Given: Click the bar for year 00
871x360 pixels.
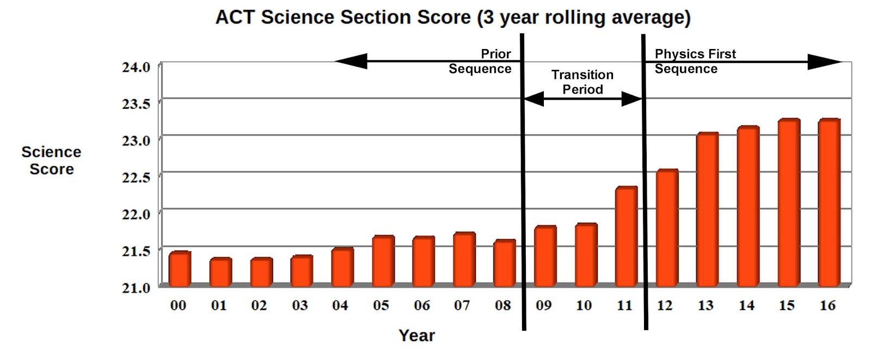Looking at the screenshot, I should (x=179, y=269).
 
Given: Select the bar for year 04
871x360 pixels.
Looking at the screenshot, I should (x=342, y=267).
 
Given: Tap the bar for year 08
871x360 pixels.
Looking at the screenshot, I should (x=504, y=263).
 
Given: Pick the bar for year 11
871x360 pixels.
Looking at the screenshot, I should (x=626, y=236).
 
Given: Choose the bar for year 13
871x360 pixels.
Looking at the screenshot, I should (x=707, y=210).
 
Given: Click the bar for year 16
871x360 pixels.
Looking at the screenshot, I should (x=829, y=203).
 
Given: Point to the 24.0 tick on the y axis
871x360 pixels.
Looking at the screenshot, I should (x=136, y=67).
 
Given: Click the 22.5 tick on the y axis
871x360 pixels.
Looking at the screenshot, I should (x=136, y=178).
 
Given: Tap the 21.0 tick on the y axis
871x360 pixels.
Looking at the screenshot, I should (x=136, y=288).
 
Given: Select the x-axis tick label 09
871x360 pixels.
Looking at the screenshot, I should (x=543, y=306).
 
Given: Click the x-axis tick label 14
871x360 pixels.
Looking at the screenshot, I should (x=746, y=306).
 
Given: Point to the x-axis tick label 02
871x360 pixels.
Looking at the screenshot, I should (x=259, y=306).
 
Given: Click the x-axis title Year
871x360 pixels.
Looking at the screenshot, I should (x=416, y=335).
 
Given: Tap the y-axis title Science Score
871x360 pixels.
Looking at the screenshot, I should (x=51, y=160).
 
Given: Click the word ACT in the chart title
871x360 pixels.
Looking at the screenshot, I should (x=236, y=17).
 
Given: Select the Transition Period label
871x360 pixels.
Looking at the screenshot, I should (x=582, y=82).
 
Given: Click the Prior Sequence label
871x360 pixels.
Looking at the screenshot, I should (x=480, y=61).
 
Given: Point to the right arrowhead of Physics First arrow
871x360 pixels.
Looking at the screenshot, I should (x=824, y=62).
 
